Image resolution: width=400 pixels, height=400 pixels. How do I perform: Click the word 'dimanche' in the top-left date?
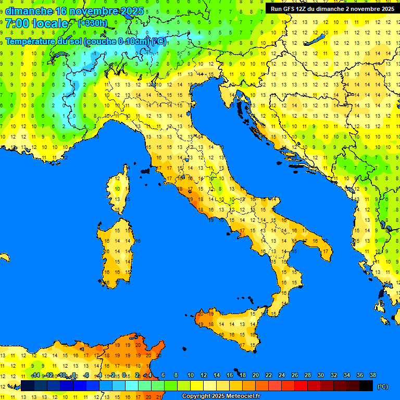tap(29, 10)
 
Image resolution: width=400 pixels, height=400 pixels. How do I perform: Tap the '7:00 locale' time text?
tap(36, 23)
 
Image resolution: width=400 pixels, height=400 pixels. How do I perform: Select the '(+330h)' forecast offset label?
tap(92, 23)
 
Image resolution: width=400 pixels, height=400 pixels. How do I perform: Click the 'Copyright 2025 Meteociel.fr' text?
tap(221, 396)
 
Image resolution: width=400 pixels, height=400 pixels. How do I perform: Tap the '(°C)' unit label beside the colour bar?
tap(382, 386)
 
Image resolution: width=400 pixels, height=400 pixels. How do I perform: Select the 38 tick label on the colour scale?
tap(372, 376)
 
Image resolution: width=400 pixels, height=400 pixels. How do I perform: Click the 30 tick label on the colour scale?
tap(321, 376)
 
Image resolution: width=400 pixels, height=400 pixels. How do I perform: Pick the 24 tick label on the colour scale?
tap(282, 376)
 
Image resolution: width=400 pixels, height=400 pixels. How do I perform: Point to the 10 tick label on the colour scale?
tap(191, 376)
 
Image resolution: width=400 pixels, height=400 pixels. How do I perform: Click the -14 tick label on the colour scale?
tap(35, 376)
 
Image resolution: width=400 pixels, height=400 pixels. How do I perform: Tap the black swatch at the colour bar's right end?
tap(366, 386)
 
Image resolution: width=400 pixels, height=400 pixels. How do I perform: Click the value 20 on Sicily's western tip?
tap(200, 314)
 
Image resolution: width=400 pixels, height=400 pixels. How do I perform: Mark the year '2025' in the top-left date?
tap(125, 10)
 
